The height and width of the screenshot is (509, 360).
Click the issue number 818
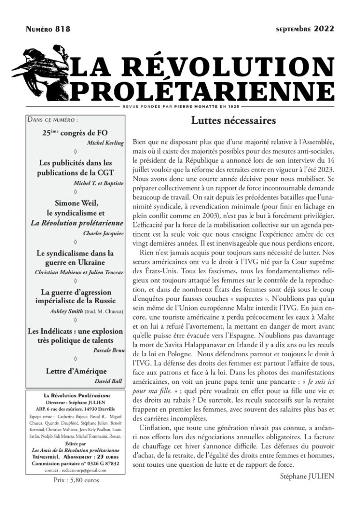click(x=63, y=30)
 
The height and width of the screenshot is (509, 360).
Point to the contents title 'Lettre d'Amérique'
click(x=76, y=371)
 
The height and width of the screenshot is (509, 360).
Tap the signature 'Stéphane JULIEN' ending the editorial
click(x=307, y=477)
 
